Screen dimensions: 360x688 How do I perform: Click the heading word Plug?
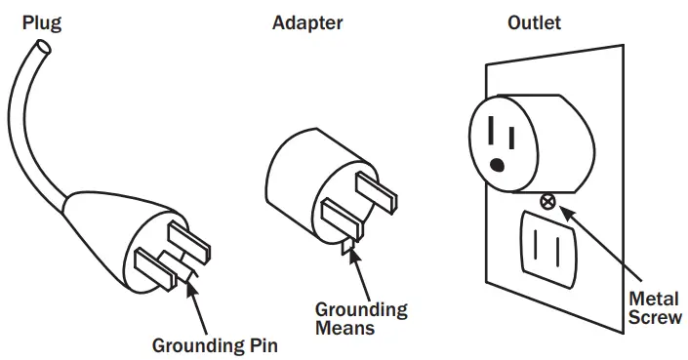coord(40,20)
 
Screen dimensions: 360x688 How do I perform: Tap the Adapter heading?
coord(306,20)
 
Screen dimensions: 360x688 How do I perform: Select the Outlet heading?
coord(534,20)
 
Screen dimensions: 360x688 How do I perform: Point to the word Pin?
coord(263,344)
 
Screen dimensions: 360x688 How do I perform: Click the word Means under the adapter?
coord(344,328)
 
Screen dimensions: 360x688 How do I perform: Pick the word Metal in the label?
coord(655,299)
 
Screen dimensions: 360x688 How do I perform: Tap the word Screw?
coord(655,317)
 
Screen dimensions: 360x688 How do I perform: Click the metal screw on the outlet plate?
coord(548,202)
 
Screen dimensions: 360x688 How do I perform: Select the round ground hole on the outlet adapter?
coord(499,164)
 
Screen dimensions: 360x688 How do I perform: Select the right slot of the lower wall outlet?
coord(561,251)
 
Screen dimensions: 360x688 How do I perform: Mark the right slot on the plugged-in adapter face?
coord(509,128)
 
